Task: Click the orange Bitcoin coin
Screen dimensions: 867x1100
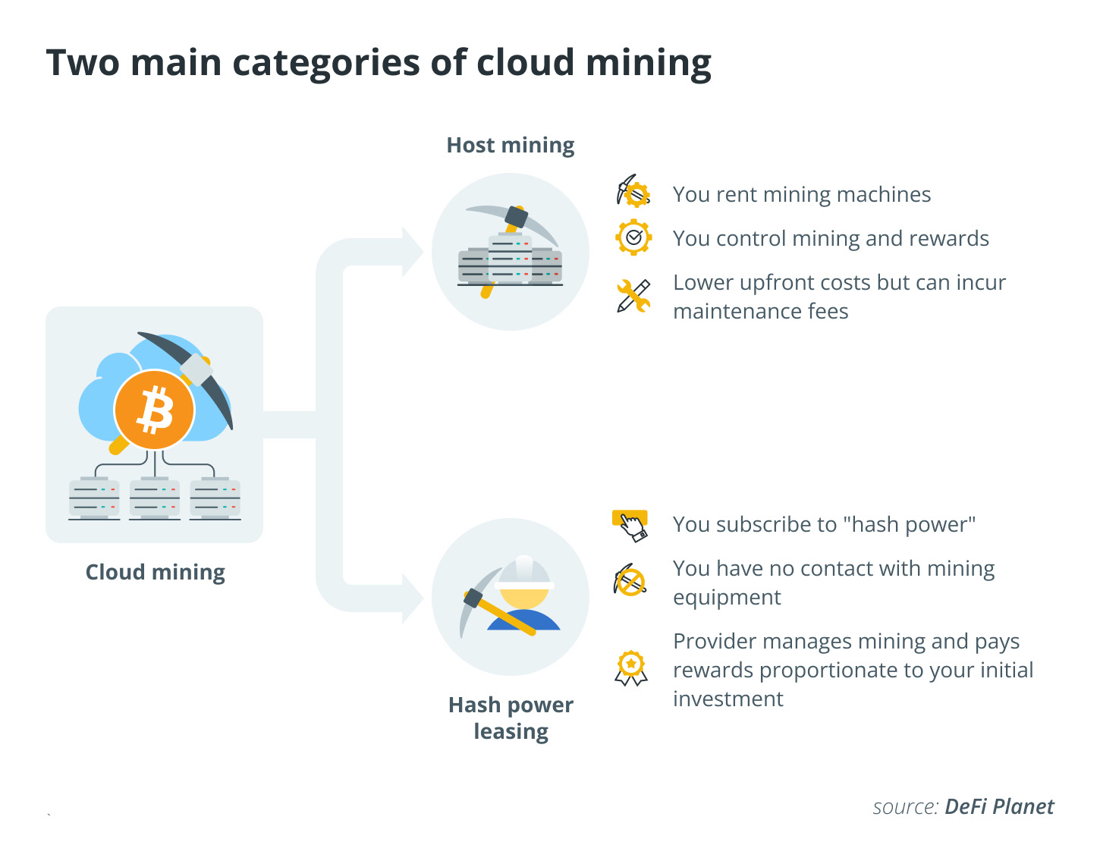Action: pyautogui.click(x=155, y=410)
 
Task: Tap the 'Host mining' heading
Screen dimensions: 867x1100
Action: pyautogui.click(x=510, y=145)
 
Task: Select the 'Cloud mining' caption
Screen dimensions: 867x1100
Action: pyautogui.click(x=155, y=572)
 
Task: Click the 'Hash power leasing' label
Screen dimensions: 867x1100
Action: pyautogui.click(x=511, y=718)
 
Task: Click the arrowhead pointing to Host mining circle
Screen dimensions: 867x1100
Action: pyautogui.click(x=413, y=251)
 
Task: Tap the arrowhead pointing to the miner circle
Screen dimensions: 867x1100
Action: pyautogui.click(x=413, y=598)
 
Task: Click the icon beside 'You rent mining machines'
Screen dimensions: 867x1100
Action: pyautogui.click(x=633, y=193)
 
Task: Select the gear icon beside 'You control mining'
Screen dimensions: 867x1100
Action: pyautogui.click(x=633, y=237)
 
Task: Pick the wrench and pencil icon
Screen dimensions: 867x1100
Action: pyautogui.click(x=633, y=296)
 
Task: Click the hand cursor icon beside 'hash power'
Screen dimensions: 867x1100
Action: pyautogui.click(x=630, y=524)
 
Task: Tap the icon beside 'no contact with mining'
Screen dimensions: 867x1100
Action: pyautogui.click(x=630, y=581)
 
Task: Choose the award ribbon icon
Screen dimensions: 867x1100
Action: pyautogui.click(x=631, y=668)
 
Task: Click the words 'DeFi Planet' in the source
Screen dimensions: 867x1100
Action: pyautogui.click(x=999, y=806)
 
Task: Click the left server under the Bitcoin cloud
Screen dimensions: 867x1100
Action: pyautogui.click(x=94, y=498)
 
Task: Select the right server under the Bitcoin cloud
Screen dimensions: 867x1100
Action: pyautogui.click(x=215, y=498)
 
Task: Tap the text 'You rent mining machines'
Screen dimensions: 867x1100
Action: pyautogui.click(x=802, y=194)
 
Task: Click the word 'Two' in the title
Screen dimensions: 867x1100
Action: pyautogui.click(x=83, y=62)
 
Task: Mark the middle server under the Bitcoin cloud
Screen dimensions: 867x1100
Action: pyautogui.click(x=155, y=498)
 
